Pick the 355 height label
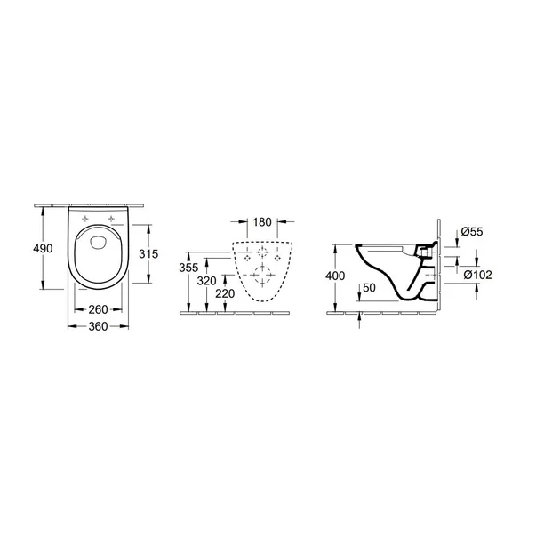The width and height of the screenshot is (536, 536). pos(187,268)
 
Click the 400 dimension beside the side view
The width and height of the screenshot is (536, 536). pos(335,276)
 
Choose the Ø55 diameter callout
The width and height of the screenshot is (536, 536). pos(472,233)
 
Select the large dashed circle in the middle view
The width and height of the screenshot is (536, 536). pos(263,273)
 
